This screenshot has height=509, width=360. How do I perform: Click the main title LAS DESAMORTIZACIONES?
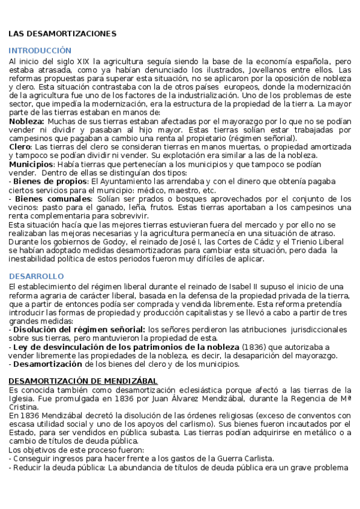pos(62,34)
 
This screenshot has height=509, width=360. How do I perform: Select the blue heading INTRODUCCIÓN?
pos(40,50)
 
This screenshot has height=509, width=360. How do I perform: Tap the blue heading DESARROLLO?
pos(36,276)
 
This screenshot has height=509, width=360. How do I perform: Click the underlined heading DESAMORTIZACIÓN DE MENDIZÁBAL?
pos(83,381)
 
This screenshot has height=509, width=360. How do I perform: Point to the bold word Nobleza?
pos(26,121)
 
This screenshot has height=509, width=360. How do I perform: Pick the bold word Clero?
pos(20,146)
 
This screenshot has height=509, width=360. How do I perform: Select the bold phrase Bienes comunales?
pos(53,199)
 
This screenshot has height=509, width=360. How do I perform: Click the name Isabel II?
pos(274,286)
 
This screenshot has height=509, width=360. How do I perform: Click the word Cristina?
pos(24,407)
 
